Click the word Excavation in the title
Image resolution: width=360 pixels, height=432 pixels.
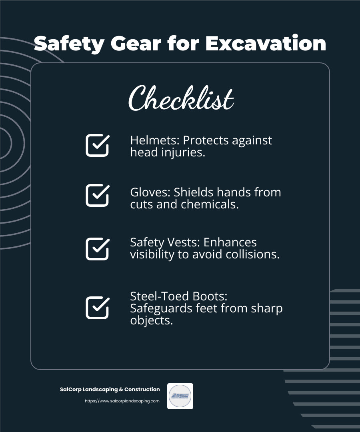(x=266, y=43)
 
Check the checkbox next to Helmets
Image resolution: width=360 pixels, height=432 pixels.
(x=97, y=145)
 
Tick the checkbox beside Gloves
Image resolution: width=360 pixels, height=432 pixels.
(x=97, y=195)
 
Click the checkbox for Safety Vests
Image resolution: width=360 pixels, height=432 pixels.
(x=97, y=249)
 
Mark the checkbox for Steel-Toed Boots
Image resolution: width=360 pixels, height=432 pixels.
(x=97, y=308)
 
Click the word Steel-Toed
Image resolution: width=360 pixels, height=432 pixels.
(x=156, y=296)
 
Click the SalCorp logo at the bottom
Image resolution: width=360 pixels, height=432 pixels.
(x=180, y=396)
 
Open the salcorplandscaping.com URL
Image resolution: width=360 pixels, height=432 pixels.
(x=122, y=401)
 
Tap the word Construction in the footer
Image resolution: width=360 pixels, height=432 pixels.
(x=142, y=389)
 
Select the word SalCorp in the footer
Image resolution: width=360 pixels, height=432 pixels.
(x=69, y=389)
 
